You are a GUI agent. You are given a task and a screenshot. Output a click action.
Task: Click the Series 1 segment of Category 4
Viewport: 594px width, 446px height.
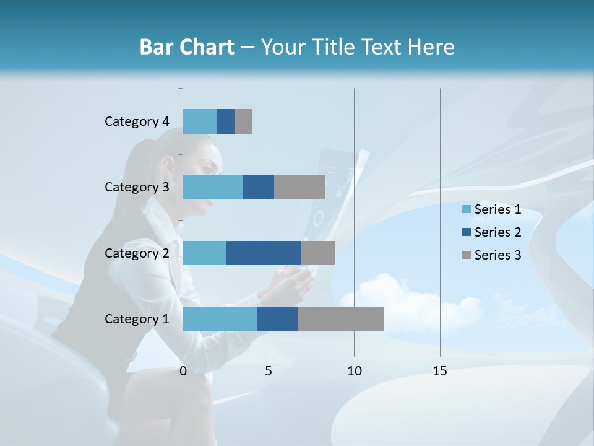[200, 121]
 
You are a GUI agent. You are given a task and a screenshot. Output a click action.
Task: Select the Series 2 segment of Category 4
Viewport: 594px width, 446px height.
[226, 121]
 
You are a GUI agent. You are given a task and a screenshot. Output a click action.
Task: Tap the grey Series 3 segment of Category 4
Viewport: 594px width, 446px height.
[243, 121]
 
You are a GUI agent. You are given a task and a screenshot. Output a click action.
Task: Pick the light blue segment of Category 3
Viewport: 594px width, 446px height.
[213, 187]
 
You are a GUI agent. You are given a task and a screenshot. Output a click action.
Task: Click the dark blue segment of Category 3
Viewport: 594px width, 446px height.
[259, 187]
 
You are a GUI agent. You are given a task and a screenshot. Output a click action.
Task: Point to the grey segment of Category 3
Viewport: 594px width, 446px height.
[299, 187]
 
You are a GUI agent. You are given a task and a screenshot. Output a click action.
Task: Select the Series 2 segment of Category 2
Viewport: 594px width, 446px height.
[264, 253]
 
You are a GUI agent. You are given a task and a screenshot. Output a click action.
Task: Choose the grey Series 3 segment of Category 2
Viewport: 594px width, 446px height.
[318, 253]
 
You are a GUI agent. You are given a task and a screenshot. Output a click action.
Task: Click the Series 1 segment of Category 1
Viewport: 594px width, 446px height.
[220, 319]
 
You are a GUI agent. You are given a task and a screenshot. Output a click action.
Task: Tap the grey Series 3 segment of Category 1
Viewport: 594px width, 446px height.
[340, 319]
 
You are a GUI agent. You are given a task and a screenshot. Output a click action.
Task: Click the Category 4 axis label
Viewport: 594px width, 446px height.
[137, 121]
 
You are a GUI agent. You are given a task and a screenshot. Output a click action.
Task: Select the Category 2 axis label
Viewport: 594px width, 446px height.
[137, 253]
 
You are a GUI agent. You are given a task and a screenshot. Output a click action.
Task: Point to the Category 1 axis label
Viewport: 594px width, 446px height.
[137, 319]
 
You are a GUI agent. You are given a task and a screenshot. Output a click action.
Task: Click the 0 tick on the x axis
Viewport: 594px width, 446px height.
[183, 371]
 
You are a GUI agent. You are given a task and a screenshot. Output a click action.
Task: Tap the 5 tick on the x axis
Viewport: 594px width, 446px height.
[269, 371]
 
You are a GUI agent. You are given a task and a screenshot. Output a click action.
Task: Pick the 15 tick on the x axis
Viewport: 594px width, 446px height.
[440, 371]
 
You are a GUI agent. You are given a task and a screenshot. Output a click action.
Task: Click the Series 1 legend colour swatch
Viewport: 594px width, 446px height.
[466, 209]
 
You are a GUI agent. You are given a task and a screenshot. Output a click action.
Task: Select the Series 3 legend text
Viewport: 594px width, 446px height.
[497, 255]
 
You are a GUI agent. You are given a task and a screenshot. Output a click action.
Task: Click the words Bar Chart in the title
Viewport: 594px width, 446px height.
[187, 47]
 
